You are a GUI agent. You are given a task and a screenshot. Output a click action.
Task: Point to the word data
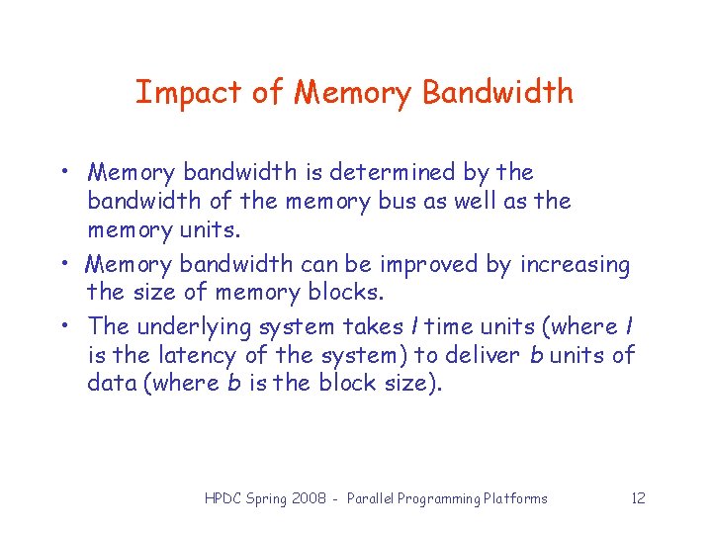coord(112,384)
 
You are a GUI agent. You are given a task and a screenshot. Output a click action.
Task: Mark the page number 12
coord(638,498)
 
